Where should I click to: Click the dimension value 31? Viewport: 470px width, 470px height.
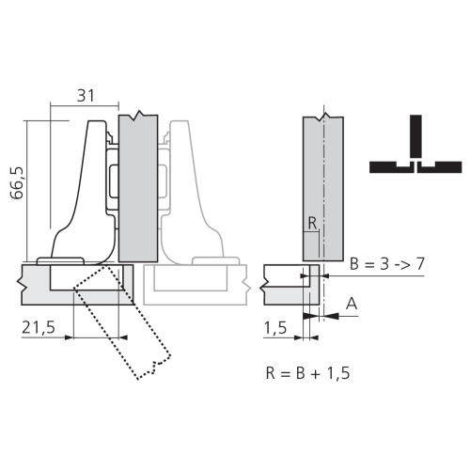pyautogui.click(x=86, y=96)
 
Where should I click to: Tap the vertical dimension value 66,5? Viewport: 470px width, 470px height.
pyautogui.click(x=17, y=183)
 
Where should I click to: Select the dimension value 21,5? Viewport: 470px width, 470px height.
pyautogui.click(x=39, y=327)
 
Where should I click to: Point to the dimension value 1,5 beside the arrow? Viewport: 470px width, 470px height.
pyautogui.click(x=275, y=328)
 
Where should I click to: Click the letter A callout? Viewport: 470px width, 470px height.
pyautogui.click(x=352, y=304)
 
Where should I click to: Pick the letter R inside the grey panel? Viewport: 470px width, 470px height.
pyautogui.click(x=312, y=224)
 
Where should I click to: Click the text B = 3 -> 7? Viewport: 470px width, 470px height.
pyautogui.click(x=387, y=264)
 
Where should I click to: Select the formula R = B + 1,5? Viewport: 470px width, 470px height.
pyautogui.click(x=307, y=373)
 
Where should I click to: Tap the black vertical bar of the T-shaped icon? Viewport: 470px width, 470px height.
pyautogui.click(x=415, y=136)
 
